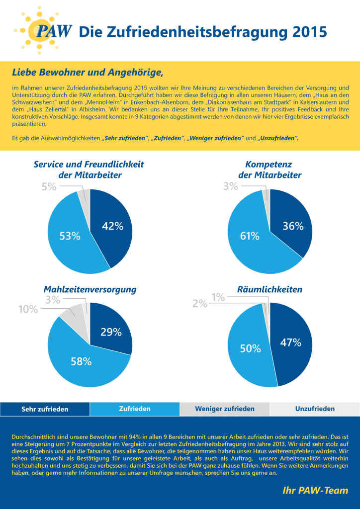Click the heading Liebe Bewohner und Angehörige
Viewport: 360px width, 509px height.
pyautogui.click(x=87, y=73)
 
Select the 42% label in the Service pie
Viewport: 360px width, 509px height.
pyautogui.click(x=112, y=226)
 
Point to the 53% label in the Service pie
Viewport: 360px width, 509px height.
pyautogui.click(x=70, y=236)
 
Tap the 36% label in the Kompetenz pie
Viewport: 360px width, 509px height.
pyautogui.click(x=293, y=226)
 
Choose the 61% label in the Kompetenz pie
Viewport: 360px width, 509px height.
pyautogui.click(x=250, y=236)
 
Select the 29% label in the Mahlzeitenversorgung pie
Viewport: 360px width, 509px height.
pyautogui.click(x=111, y=333)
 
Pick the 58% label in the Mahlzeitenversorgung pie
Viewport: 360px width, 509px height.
pyautogui.click(x=81, y=362)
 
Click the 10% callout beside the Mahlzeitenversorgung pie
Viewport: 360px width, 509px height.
pyautogui.click(x=28, y=309)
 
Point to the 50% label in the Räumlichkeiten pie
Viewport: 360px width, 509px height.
pyautogui.click(x=251, y=349)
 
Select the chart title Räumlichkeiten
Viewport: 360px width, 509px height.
pyautogui.click(x=270, y=289)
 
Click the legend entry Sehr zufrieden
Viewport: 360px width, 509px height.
pyautogui.click(x=45, y=409)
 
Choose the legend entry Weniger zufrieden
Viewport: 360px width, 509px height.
pyautogui.click(x=225, y=409)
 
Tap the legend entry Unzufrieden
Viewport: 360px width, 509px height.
pyautogui.click(x=315, y=409)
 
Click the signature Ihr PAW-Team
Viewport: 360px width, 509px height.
pyautogui.click(x=315, y=490)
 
